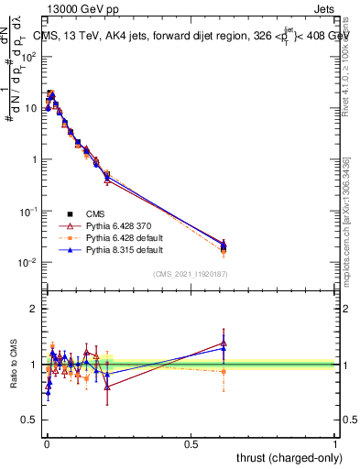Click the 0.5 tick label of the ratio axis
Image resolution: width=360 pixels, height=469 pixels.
pos(28,420)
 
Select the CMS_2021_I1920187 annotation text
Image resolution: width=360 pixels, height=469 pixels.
pos(190,274)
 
